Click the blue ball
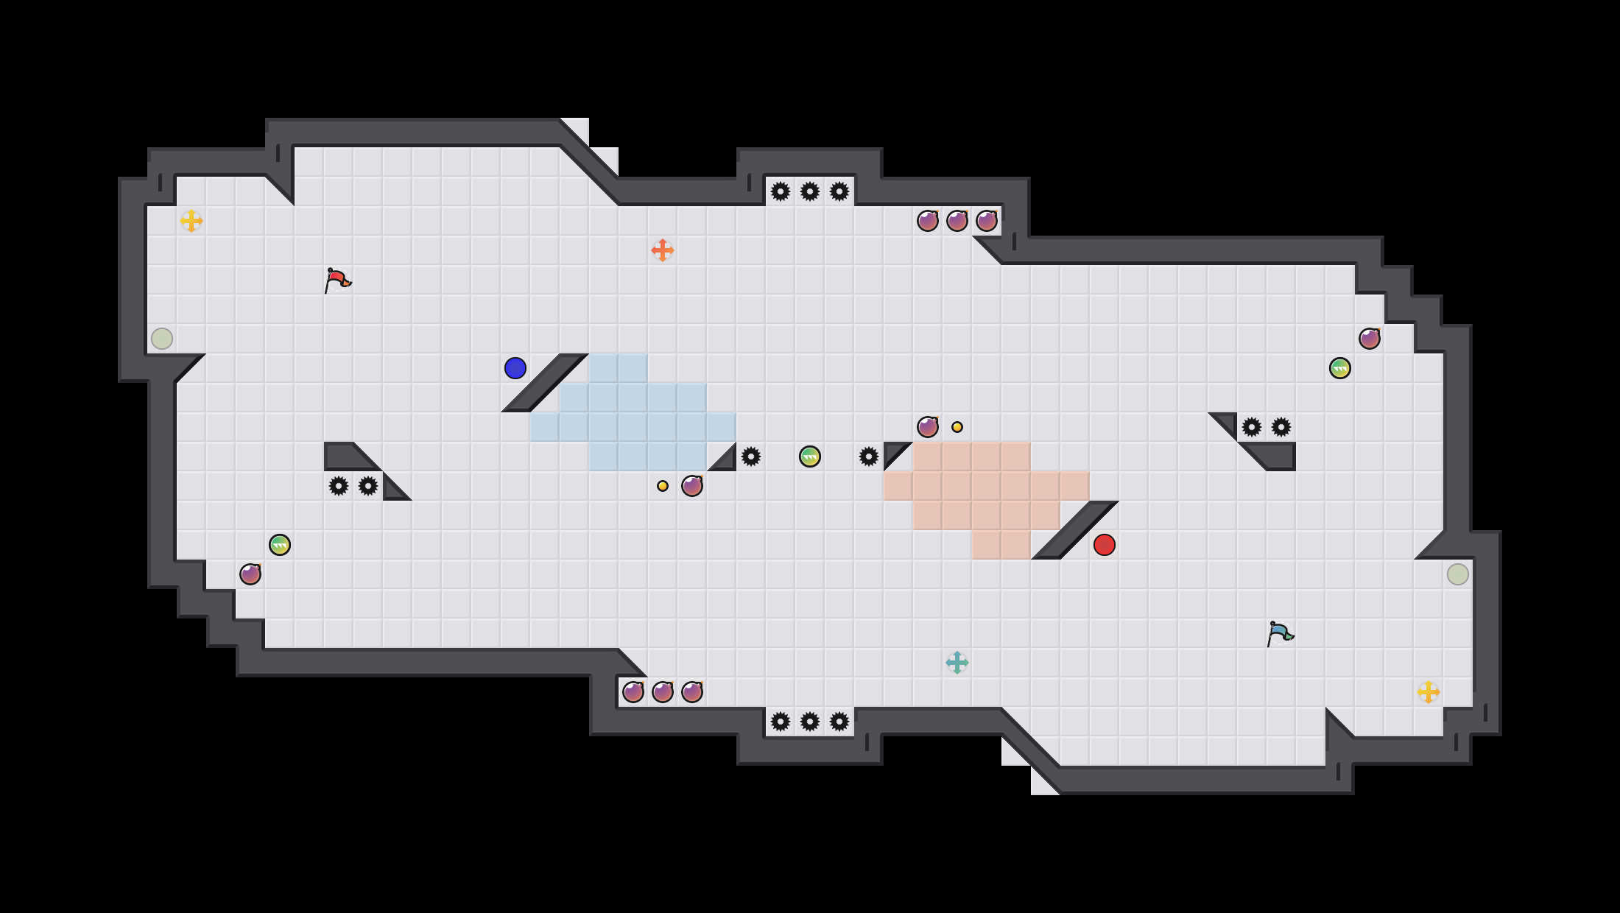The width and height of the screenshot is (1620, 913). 515,368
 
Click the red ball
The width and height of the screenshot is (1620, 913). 1105,545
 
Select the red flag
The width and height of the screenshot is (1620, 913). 337,280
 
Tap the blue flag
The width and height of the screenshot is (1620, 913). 1279,633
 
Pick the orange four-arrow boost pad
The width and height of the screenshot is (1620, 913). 663,250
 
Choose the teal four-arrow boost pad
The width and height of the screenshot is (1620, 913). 957,663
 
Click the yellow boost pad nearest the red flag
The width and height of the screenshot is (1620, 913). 191,221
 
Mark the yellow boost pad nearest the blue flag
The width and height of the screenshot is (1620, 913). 1429,692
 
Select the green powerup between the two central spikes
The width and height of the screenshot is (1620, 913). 810,456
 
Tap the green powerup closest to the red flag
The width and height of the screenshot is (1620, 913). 280,545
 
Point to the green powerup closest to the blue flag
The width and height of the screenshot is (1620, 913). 1340,368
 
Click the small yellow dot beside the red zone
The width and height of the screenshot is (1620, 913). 957,427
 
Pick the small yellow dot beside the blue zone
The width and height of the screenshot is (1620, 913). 663,486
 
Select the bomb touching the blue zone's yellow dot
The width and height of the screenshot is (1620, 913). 692,486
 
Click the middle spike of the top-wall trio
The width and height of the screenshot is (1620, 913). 810,191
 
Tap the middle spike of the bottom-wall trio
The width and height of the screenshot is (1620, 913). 810,722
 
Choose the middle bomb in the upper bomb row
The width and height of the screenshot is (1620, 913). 957,221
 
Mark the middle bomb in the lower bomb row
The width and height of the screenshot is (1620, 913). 663,692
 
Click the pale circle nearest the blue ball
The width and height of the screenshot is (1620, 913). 162,339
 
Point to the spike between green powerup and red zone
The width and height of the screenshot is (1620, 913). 869,456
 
